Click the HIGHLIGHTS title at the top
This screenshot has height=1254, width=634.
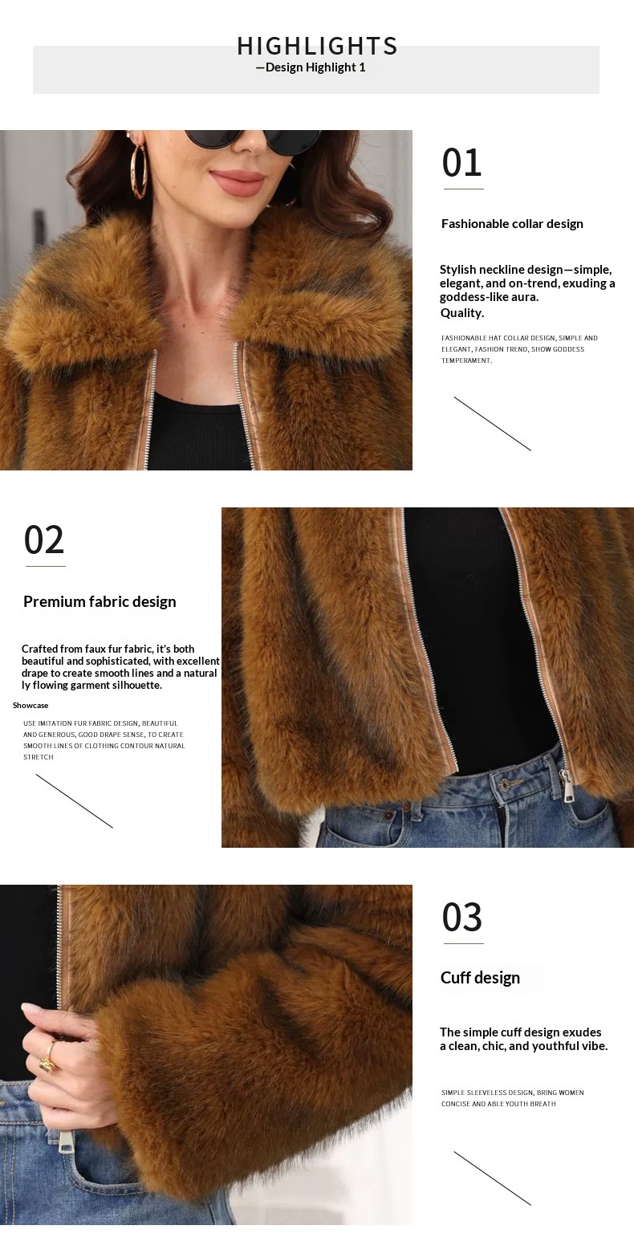317,46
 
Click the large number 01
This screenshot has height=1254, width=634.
461,163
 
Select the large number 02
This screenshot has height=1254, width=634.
44,540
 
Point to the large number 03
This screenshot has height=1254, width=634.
461,918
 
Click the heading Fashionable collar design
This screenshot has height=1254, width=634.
512,224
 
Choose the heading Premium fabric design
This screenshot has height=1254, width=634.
100,602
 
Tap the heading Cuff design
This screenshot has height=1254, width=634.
480,978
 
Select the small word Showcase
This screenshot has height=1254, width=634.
30,706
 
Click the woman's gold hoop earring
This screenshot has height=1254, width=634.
139,171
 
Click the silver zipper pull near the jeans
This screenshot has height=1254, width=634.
569,785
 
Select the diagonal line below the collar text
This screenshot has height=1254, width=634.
493,424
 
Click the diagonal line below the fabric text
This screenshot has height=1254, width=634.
75,801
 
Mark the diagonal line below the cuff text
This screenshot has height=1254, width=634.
493,1179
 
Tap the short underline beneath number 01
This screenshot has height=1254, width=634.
464,189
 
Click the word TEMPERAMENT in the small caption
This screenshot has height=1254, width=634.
467,360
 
